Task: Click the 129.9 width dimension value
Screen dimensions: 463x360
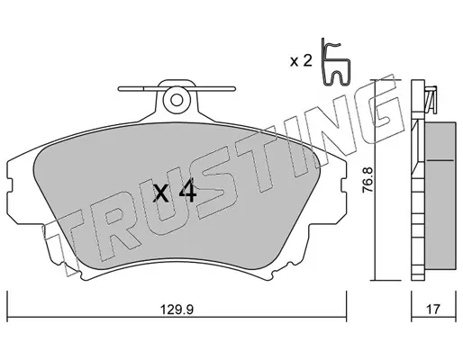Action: coord(177,309)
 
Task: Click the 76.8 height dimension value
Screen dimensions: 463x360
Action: coord(367,179)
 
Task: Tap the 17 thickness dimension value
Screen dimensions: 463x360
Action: coord(432,309)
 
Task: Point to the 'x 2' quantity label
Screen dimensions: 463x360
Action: coord(301,61)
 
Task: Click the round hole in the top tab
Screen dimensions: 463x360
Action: coord(177,100)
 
